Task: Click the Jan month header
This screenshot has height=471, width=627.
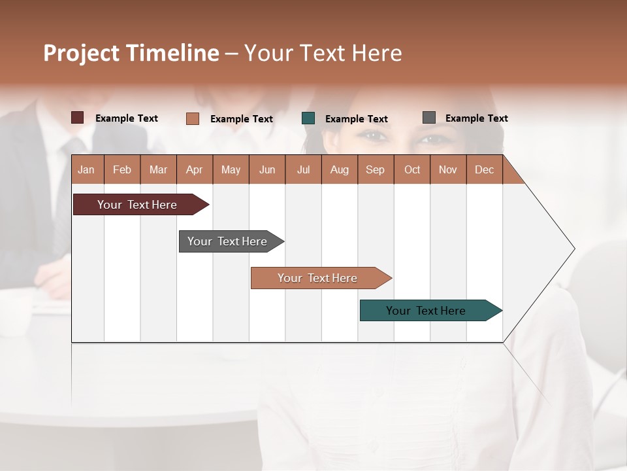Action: pyautogui.click(x=86, y=169)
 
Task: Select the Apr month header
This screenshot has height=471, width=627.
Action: pyautogui.click(x=194, y=169)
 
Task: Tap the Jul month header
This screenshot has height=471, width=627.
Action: pyautogui.click(x=303, y=169)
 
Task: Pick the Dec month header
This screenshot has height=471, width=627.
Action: pyautogui.click(x=484, y=169)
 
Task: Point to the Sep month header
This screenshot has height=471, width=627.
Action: pyautogui.click(x=375, y=169)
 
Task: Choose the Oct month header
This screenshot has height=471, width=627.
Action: pyautogui.click(x=411, y=169)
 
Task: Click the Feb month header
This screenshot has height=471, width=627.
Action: pyautogui.click(x=122, y=169)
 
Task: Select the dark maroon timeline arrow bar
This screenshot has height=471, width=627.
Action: pyautogui.click(x=137, y=205)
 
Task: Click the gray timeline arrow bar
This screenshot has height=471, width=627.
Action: pyautogui.click(x=227, y=241)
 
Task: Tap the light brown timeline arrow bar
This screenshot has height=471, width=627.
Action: pyautogui.click(x=317, y=278)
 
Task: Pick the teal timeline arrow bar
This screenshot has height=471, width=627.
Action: pyautogui.click(x=426, y=311)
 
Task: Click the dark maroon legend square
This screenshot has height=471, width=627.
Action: pyautogui.click(x=78, y=118)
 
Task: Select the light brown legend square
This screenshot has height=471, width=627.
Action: pyautogui.click(x=193, y=118)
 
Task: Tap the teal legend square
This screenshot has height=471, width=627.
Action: pyautogui.click(x=308, y=118)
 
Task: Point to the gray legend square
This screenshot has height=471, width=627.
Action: pyautogui.click(x=429, y=118)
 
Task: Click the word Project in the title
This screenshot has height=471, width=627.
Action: pyautogui.click(x=81, y=53)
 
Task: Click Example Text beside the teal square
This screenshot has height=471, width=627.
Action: pyautogui.click(x=357, y=119)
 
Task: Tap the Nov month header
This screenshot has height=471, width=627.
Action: pyautogui.click(x=447, y=169)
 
